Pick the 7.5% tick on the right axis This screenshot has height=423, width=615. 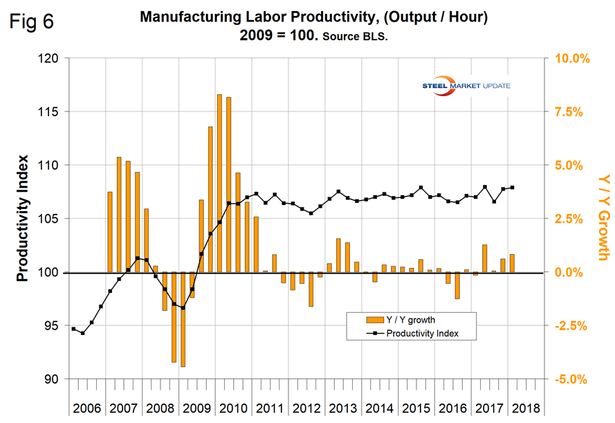(x=570, y=111)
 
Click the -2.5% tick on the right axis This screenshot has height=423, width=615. (x=569, y=325)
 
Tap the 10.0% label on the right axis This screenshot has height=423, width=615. (x=570, y=58)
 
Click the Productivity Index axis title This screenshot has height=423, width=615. (x=23, y=218)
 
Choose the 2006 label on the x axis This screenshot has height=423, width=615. (x=87, y=408)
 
